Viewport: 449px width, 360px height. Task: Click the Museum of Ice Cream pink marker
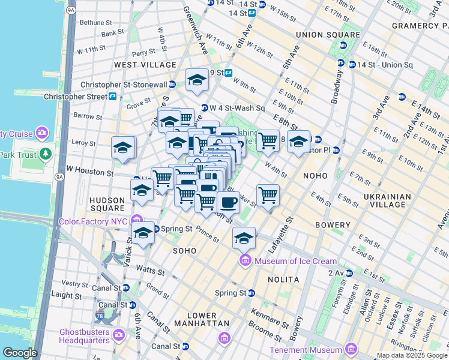coord(246,260)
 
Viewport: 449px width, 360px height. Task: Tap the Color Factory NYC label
coord(93,220)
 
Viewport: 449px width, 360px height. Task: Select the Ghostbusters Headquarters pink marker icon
coord(119,334)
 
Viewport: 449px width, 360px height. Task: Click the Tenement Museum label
coord(306,349)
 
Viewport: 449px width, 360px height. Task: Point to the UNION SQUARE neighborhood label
coord(328,35)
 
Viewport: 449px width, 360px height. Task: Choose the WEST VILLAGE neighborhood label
coord(145,65)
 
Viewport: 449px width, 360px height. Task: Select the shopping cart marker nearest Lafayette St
coord(267,194)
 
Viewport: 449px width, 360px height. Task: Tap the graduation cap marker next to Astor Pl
coord(298,141)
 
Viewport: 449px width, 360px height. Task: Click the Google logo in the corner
coord(20,353)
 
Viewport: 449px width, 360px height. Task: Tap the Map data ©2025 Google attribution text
coord(412,355)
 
